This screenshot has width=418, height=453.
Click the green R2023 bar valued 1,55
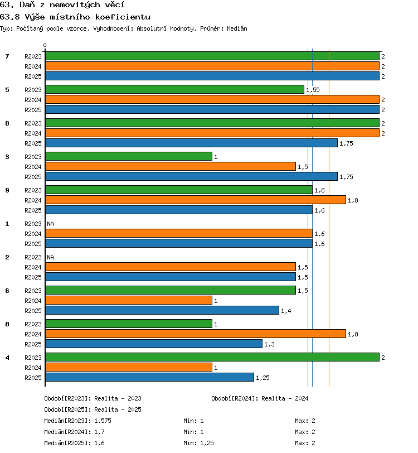coord(174,89)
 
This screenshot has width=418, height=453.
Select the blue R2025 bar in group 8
coord(191,143)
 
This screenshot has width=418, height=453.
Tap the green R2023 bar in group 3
coord(129,156)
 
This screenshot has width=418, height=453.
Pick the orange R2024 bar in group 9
coord(196,200)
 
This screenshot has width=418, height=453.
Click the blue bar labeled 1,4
coord(162,310)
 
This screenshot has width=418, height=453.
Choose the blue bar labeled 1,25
coord(149,377)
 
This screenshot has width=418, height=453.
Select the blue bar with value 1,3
coord(154,344)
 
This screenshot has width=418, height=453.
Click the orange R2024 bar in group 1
coord(179,233)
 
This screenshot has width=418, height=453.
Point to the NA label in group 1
coord(51,224)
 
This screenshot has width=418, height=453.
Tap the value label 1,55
coord(313,90)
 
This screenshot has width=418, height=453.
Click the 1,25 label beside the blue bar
coord(263,378)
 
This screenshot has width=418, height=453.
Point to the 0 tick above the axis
coord(45,45)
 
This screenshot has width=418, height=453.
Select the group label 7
coord(7,56)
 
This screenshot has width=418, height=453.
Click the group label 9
coord(7,190)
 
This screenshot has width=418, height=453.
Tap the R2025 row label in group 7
coord(33,76)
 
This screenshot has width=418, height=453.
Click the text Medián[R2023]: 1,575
coord(77,421)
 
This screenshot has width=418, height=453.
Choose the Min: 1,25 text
coord(198,443)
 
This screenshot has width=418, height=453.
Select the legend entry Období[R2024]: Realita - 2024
coord(260,399)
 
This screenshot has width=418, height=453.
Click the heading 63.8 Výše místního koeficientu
coord(75,17)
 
